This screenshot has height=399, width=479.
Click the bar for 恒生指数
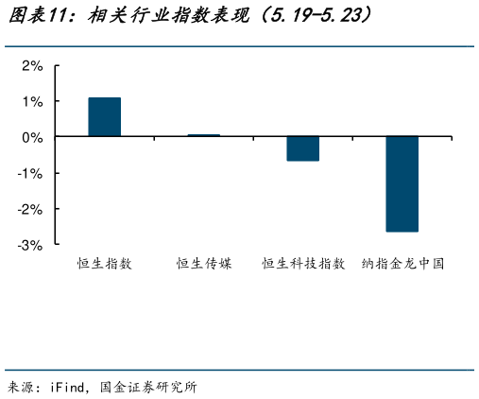105,117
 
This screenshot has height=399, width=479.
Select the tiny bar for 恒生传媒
203,135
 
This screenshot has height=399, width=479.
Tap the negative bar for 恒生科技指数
302,148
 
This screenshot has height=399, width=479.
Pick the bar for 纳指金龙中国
402,184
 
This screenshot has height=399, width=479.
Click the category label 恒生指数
105,264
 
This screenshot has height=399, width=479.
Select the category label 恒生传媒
203,264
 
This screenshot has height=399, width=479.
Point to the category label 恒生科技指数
302,264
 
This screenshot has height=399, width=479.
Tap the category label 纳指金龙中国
402,264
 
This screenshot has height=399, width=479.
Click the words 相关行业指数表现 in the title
165,16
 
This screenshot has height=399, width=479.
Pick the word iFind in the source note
72,386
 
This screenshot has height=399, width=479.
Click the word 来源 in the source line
21,386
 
